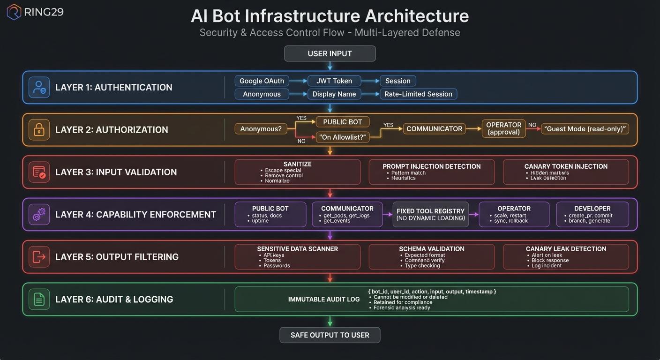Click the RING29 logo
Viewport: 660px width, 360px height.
point(35,12)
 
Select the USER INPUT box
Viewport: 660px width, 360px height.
point(330,53)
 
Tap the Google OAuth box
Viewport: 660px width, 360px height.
point(262,81)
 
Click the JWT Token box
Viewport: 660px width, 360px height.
point(334,81)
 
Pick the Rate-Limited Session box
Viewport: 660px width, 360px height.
point(418,94)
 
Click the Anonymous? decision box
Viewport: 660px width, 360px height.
point(261,128)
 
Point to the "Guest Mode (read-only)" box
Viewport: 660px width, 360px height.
point(585,129)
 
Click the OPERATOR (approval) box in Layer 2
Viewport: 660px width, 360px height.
point(503,128)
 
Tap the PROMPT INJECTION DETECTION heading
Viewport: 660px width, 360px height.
point(431,166)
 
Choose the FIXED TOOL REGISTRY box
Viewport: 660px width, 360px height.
point(430,214)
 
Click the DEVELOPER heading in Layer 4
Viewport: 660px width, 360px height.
point(592,209)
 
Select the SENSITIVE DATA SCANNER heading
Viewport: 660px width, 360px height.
point(297,249)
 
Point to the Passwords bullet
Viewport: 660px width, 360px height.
point(277,266)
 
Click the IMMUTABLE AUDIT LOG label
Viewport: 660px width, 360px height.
point(323,299)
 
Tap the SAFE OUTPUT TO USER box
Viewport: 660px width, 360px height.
point(330,335)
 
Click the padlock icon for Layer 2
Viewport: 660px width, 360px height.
point(39,130)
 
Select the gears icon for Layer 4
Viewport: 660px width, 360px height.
point(39,215)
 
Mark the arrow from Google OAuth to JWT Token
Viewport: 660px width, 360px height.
point(298,81)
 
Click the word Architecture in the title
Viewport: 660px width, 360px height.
point(417,16)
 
